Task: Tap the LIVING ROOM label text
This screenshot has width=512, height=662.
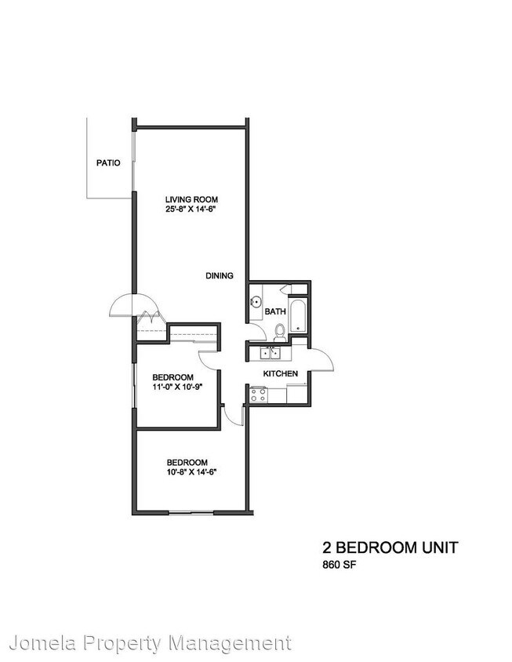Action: point(191,199)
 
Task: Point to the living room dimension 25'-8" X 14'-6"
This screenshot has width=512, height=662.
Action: point(191,209)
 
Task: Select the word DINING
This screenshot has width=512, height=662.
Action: point(220,275)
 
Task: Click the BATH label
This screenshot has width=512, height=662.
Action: point(275,311)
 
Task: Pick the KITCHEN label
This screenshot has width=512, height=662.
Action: point(279,373)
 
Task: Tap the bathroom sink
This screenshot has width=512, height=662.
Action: point(256,300)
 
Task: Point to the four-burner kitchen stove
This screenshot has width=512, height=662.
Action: point(259,396)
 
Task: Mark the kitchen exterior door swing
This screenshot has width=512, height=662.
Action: point(323,360)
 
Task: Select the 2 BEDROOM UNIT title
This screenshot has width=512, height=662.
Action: point(390,546)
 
